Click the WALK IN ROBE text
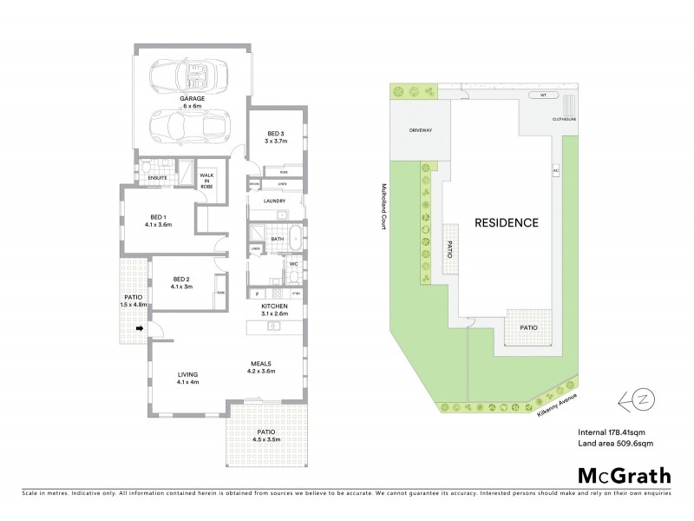click(208, 180)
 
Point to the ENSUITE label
click(157, 177)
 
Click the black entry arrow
click(139, 328)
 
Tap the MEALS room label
click(262, 366)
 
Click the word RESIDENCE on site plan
click(506, 222)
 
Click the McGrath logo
click(623, 475)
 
